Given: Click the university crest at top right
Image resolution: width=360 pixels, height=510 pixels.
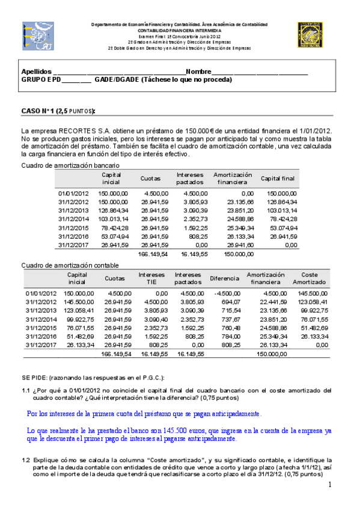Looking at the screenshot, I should pos(311,35).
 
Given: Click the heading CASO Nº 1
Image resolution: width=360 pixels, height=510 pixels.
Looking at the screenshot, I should pos(41,111).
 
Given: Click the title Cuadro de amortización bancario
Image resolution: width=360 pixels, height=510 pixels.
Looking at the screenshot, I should pos(74,165).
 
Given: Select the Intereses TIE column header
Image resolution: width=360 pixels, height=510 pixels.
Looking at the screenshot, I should pos(151,278).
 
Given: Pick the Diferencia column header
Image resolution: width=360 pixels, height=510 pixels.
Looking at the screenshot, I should pos(224,278).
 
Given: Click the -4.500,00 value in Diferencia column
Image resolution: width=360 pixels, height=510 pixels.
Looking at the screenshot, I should pos(227,293).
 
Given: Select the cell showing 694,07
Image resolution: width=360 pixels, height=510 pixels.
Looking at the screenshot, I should pos(230,301).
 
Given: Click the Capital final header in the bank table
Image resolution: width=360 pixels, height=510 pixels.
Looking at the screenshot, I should pos(278,179).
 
